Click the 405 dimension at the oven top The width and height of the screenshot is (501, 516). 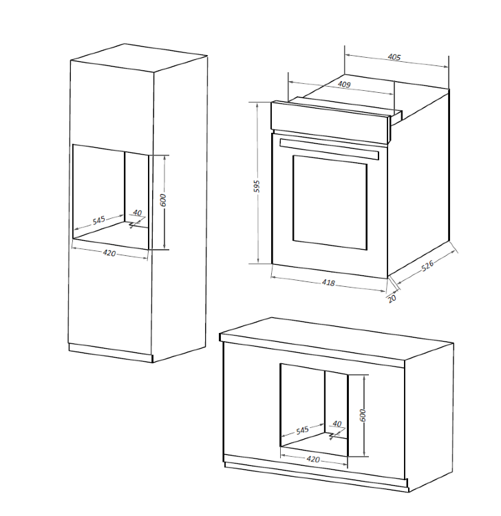[x=394, y=57]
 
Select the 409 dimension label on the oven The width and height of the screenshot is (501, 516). [x=345, y=85]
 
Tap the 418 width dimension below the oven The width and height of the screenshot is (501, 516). [x=328, y=282]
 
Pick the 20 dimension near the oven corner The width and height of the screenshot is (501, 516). [x=392, y=298]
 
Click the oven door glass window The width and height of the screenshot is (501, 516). [x=330, y=200]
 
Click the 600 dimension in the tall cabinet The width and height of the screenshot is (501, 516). [x=163, y=200]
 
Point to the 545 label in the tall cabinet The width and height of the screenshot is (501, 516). [x=99, y=220]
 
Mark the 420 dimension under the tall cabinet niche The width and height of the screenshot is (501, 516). [x=109, y=252]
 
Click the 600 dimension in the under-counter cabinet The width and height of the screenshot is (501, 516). [x=363, y=414]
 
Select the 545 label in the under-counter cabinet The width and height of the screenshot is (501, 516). [x=302, y=430]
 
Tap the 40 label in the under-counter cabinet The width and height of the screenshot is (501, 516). [x=337, y=424]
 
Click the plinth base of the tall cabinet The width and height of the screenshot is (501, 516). [x=110, y=352]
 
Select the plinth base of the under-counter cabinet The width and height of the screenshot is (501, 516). [x=317, y=475]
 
